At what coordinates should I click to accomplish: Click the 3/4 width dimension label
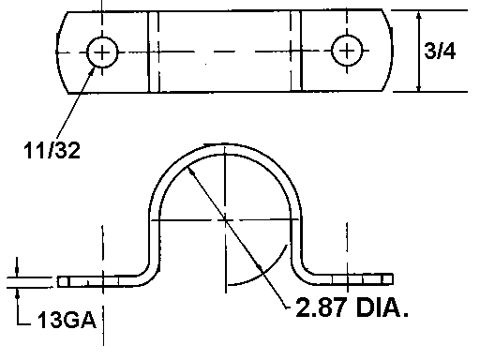click(440, 51)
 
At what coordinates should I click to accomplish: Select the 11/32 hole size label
click(52, 150)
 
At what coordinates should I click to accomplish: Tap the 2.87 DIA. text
click(352, 307)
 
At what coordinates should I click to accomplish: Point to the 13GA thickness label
click(67, 320)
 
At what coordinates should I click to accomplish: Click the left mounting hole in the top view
click(102, 52)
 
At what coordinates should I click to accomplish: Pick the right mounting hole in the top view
click(347, 51)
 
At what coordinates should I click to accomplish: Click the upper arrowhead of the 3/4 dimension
click(419, 16)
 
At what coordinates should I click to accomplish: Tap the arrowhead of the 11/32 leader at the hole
click(92, 71)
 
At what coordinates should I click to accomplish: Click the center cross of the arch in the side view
click(225, 220)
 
